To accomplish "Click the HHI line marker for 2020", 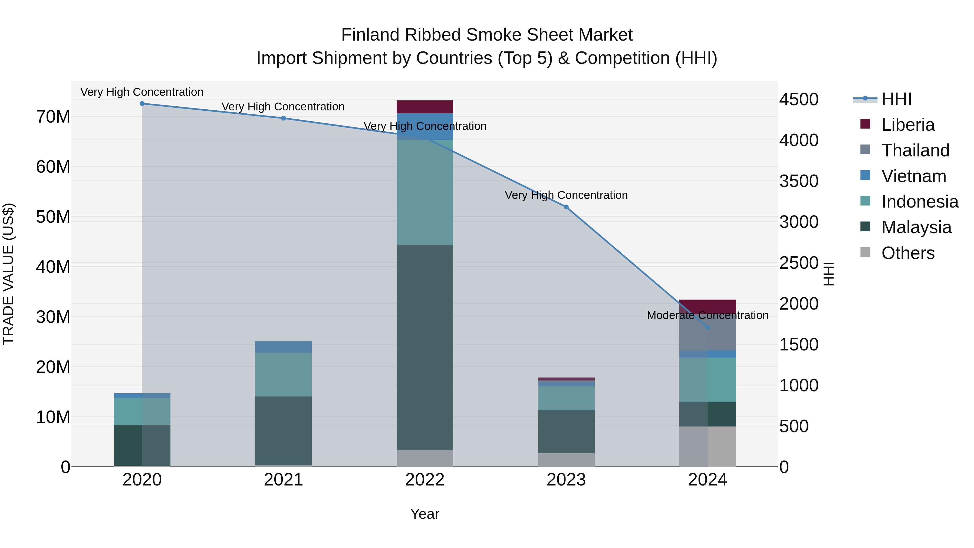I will (x=142, y=104).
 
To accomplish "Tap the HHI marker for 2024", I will (x=708, y=327).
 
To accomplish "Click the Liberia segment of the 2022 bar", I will (x=425, y=107).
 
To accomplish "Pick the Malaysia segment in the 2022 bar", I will (x=425, y=347).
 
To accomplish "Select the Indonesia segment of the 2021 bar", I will (x=283, y=375).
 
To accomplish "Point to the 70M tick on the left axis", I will (x=53, y=117).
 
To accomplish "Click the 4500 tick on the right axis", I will (x=799, y=100).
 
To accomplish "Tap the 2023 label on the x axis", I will (x=566, y=480).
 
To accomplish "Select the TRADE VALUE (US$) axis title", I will (x=9, y=274).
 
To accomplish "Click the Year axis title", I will (x=425, y=514).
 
